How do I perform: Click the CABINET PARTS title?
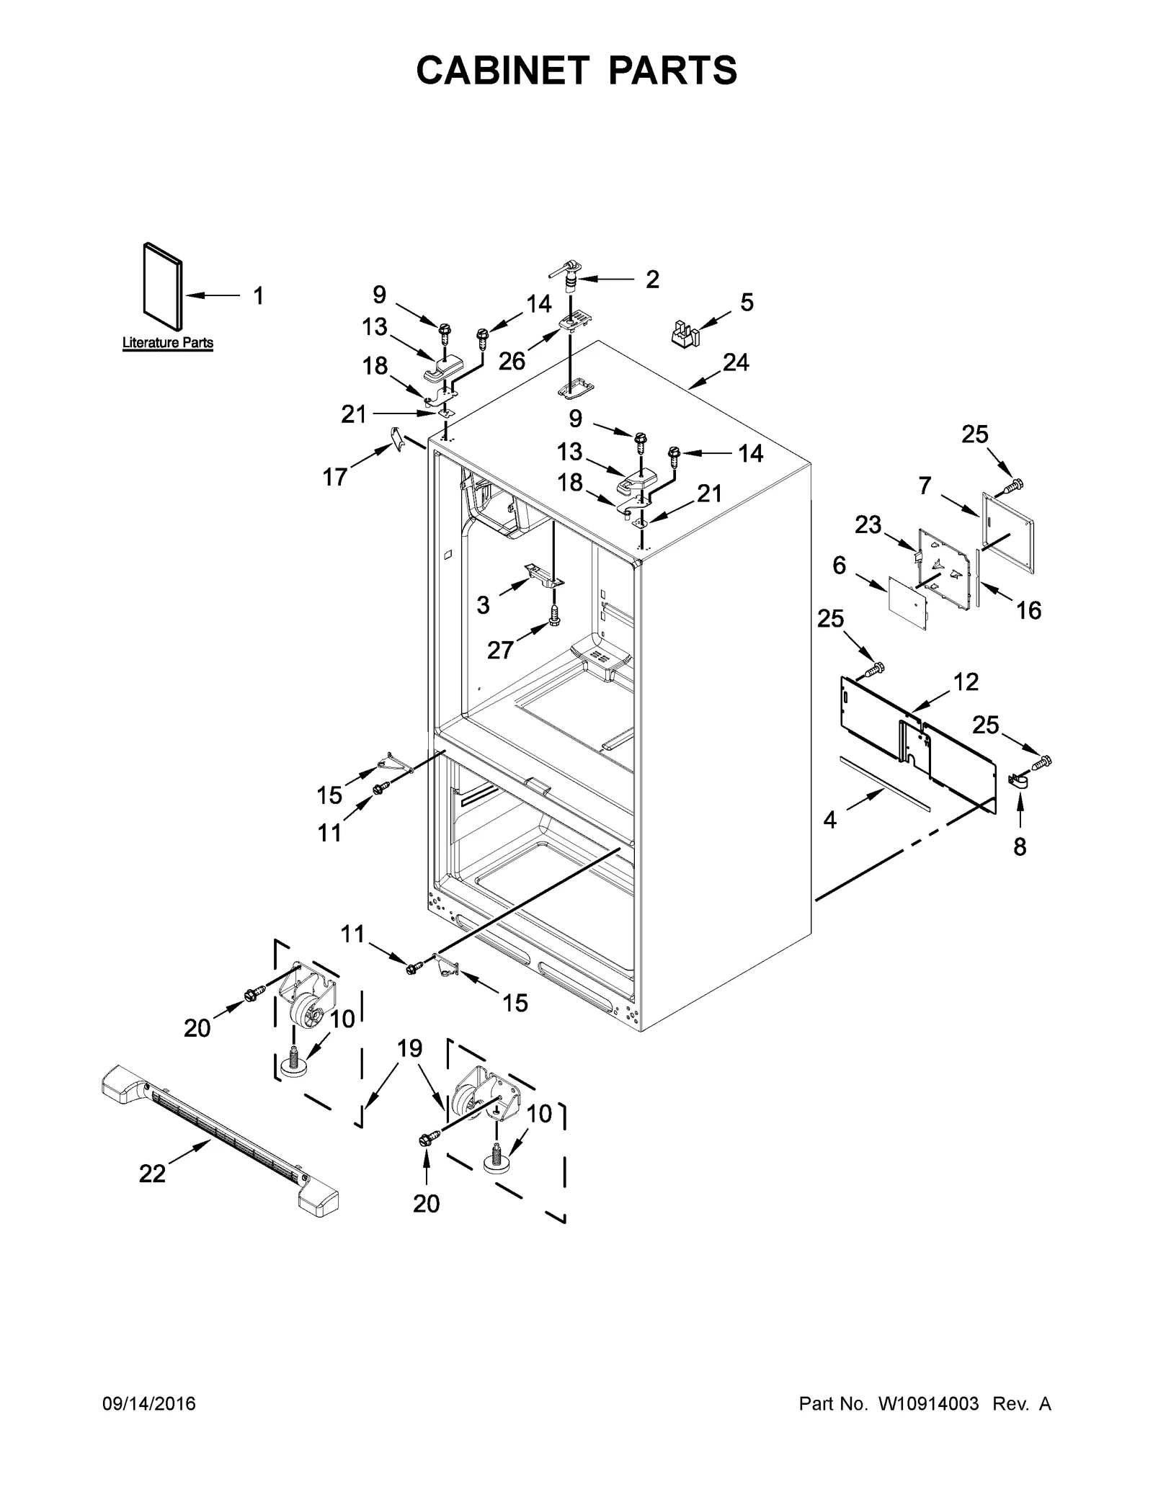coord(576,70)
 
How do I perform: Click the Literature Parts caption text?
coord(167,342)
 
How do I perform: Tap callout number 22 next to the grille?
coord(153,1174)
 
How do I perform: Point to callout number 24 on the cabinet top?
coord(736,362)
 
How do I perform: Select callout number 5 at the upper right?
coord(747,302)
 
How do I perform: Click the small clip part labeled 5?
coord(685,335)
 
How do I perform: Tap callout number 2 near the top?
coord(652,280)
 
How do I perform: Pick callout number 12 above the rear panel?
coord(966,682)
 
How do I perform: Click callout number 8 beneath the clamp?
coord(1019,847)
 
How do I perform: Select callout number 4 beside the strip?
coord(830,819)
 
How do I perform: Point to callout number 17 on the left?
coord(335,476)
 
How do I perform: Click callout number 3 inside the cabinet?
coord(483,604)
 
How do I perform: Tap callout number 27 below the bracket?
coord(499,650)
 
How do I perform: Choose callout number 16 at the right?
coord(1028,610)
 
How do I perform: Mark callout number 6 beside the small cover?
coord(840,566)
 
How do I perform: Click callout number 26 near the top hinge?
coord(512,360)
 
